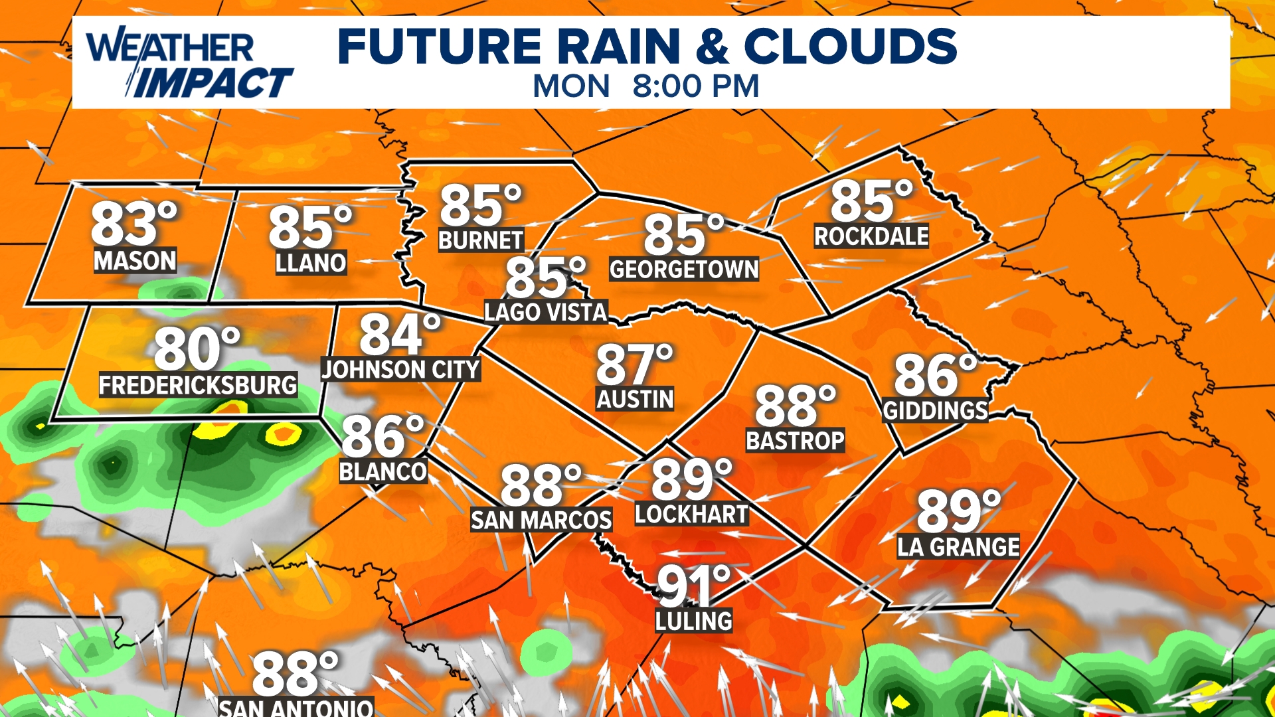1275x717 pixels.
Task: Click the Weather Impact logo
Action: tap(189, 64)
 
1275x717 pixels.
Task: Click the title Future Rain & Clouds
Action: tap(647, 46)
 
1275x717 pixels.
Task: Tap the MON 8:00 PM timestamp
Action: tap(645, 86)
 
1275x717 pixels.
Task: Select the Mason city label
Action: tap(135, 261)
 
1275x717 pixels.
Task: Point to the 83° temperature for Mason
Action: tap(133, 224)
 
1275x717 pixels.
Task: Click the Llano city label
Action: tap(311, 263)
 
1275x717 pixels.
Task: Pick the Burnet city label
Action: tap(481, 240)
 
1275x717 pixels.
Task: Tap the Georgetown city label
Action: tap(684, 270)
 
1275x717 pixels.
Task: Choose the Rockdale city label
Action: tap(871, 236)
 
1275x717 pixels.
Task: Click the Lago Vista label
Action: tap(546, 312)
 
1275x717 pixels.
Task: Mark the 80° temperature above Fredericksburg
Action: tap(197, 349)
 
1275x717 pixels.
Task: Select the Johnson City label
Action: tap(400, 369)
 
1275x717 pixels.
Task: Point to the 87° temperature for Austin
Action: tap(634, 364)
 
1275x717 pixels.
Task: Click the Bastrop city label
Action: tap(795, 441)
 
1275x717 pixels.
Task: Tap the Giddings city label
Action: tap(935, 411)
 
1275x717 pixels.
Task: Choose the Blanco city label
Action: tap(383, 472)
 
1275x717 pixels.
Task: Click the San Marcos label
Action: tap(541, 520)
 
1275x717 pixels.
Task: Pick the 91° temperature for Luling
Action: tap(693, 586)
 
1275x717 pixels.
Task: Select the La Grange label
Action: tap(958, 547)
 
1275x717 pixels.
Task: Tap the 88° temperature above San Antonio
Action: tap(295, 674)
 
